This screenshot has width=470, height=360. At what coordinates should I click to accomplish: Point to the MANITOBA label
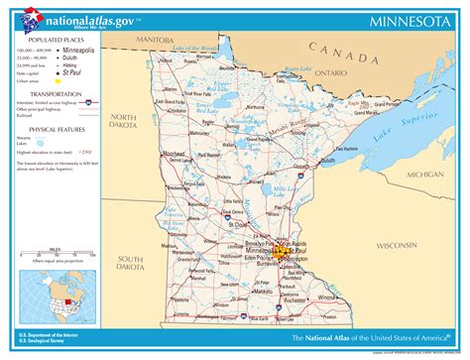click(155, 40)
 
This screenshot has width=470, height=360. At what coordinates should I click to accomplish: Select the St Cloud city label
click(239, 225)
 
